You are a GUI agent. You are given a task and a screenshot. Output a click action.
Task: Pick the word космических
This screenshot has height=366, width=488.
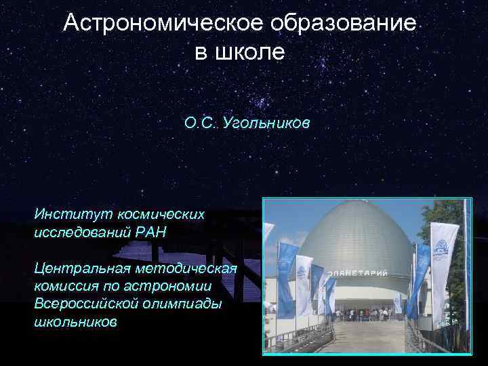coord(160,214)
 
